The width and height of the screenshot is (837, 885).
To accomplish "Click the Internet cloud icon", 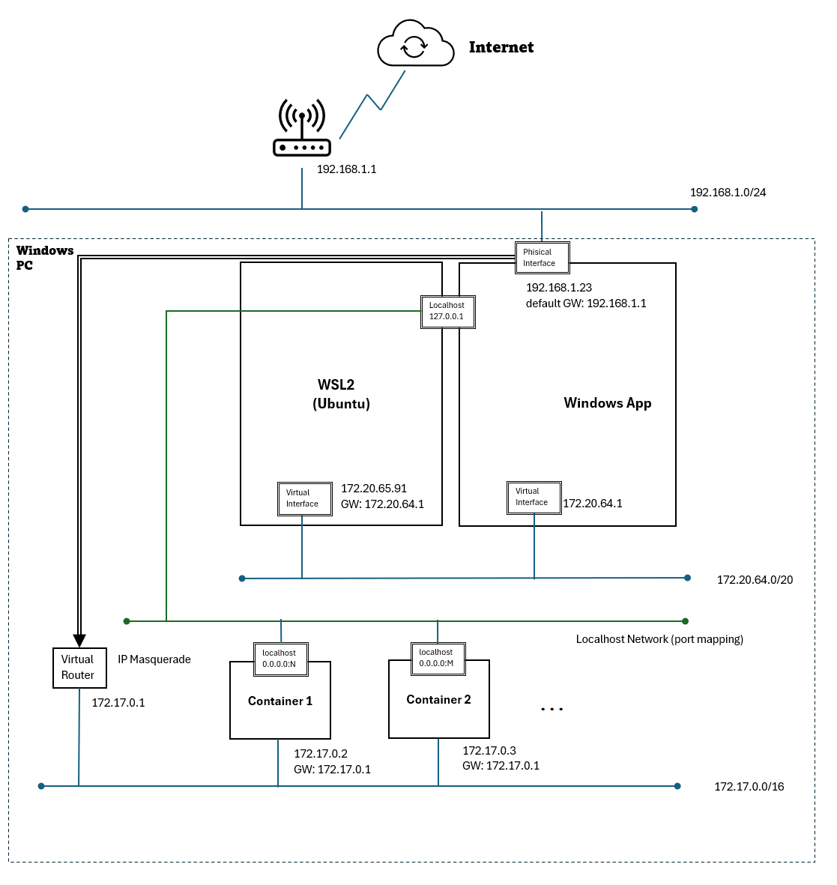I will point(415,45).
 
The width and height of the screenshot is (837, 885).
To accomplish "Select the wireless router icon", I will point(301,129).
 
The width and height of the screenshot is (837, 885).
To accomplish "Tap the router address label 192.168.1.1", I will point(346,169).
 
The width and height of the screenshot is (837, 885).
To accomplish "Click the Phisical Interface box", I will point(542,258).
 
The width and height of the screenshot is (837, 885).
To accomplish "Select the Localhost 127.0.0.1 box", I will point(447,311).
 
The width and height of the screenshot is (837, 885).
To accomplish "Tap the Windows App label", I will point(607,403).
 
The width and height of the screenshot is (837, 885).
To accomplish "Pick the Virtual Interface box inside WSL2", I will point(304,498).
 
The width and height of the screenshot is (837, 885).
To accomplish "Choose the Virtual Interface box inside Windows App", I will point(534,497).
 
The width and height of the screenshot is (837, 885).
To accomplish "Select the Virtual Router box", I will point(79,667).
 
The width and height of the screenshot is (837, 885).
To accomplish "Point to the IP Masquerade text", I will point(154,659).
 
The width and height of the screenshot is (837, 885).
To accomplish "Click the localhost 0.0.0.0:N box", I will point(280,659).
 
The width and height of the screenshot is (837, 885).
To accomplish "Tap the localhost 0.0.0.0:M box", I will point(438,658).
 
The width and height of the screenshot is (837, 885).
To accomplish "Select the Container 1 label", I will point(279,701).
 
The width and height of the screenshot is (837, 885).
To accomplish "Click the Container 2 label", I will point(438,700).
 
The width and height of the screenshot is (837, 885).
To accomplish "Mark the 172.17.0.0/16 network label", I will point(749,787).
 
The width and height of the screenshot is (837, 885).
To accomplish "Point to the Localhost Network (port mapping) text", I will point(659,639).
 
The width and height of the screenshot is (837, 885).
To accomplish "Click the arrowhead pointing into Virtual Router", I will point(79,640).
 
